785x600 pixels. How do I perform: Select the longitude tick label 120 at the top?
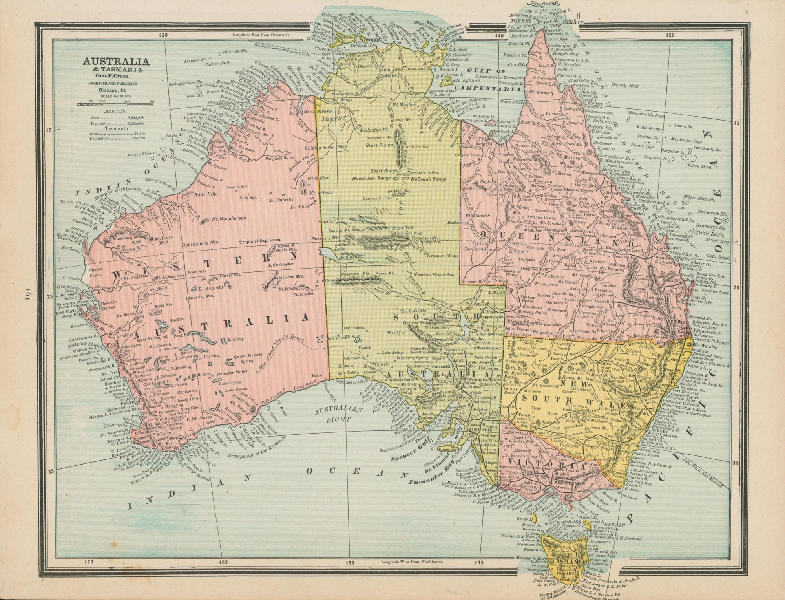click(163, 35)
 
